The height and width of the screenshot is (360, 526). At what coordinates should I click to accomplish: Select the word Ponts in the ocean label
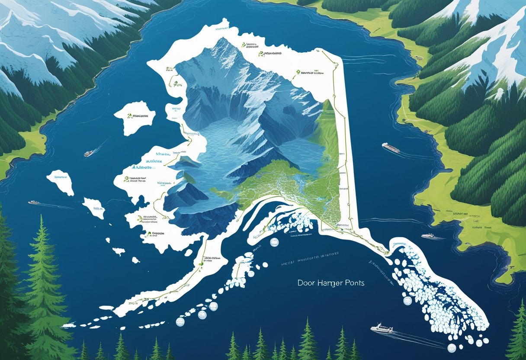[354, 283]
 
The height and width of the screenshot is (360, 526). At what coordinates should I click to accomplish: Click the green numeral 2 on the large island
[129, 116]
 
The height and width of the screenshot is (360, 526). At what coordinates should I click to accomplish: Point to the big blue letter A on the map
[135, 167]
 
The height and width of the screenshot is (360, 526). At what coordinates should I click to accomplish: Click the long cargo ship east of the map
[391, 148]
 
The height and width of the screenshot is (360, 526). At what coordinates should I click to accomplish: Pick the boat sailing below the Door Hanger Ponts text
[382, 328]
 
